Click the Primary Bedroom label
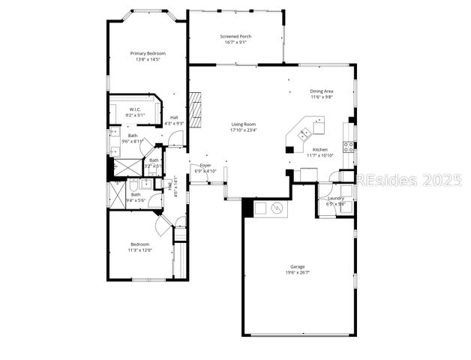coord(147,53)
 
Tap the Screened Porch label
coord(235,36)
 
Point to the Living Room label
coord(243,124)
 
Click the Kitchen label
coord(320,149)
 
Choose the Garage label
coord(298,266)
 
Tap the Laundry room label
coord(335,198)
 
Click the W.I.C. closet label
coord(125,109)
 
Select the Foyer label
coord(205,165)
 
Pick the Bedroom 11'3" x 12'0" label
coord(140,244)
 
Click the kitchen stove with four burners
coord(349,146)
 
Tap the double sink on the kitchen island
coord(306,134)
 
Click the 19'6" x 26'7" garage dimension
coord(298,272)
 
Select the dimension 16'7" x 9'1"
coord(235,42)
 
